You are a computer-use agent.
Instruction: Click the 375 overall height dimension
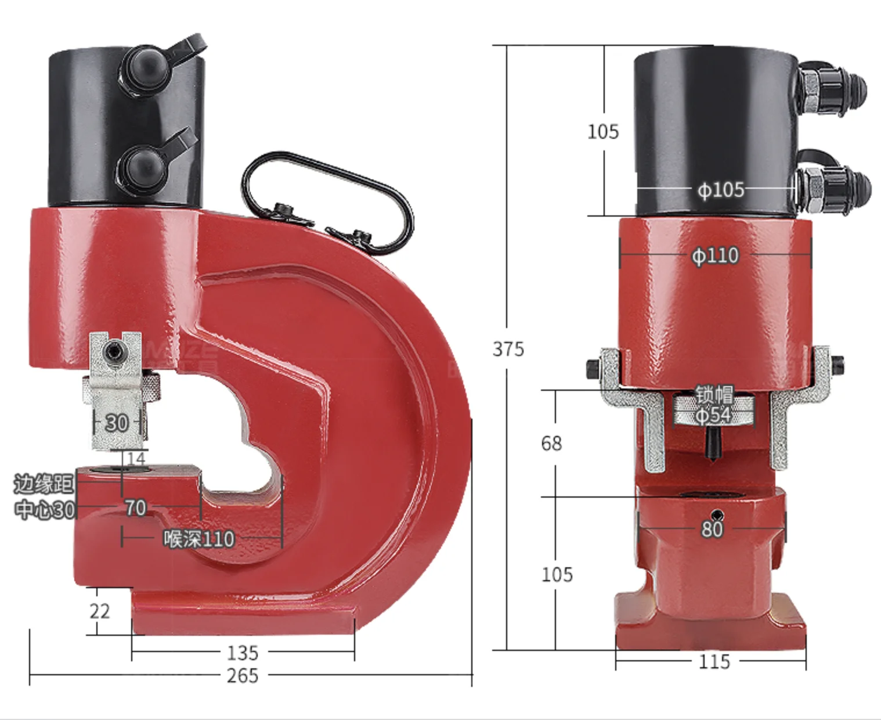(x=508, y=350)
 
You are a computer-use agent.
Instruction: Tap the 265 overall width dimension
(x=243, y=676)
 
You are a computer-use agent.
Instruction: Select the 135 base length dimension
(x=243, y=653)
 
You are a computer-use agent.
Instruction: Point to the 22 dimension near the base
(x=99, y=611)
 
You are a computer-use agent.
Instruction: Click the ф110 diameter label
(x=715, y=255)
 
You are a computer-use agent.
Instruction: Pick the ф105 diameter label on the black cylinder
(x=721, y=190)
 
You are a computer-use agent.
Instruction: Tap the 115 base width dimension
(x=714, y=662)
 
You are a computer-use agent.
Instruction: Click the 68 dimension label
(x=551, y=443)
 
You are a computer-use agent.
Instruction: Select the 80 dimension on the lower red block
(x=712, y=529)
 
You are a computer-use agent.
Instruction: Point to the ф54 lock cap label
(x=713, y=415)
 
